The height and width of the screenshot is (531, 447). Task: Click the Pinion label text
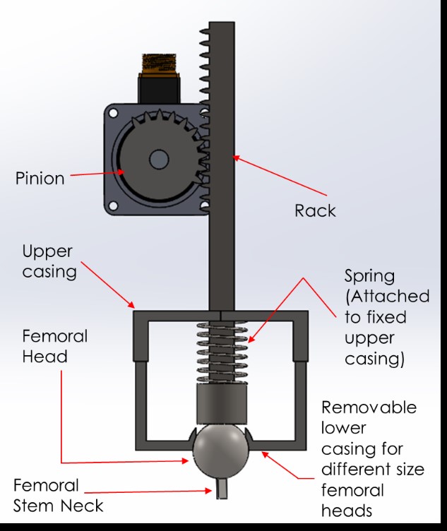pyautogui.click(x=40, y=178)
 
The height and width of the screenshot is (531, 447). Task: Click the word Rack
pyautogui.click(x=315, y=210)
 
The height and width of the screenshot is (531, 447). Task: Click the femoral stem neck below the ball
pyautogui.click(x=222, y=487)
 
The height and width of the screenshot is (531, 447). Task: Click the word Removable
pyautogui.click(x=369, y=408)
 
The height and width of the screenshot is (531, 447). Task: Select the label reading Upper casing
pyautogui.click(x=49, y=261)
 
